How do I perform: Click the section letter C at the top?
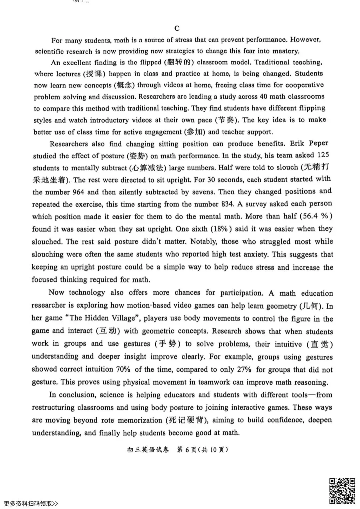(x=177, y=28)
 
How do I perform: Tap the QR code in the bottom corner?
(x=342, y=491)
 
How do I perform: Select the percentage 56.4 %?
(x=316, y=216)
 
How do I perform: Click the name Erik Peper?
(x=309, y=143)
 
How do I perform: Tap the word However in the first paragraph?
(x=305, y=40)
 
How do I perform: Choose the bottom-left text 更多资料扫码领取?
(x=31, y=504)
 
